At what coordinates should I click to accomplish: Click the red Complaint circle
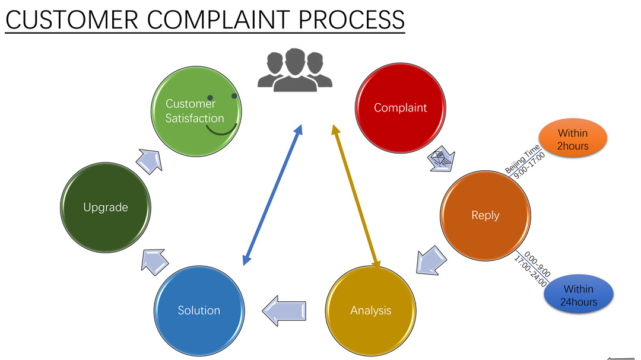[400, 107]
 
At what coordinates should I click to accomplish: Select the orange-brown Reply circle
[485, 215]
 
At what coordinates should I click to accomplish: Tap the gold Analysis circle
[371, 310]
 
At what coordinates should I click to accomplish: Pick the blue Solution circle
[199, 310]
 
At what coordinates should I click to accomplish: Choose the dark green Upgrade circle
[106, 208]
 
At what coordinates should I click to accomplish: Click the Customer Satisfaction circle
[195, 111]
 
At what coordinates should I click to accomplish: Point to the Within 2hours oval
[573, 139]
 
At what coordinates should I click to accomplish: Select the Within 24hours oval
[578, 295]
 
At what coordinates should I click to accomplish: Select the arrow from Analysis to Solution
[285, 310]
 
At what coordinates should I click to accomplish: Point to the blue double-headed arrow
[272, 195]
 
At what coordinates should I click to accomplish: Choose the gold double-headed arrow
[356, 195]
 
